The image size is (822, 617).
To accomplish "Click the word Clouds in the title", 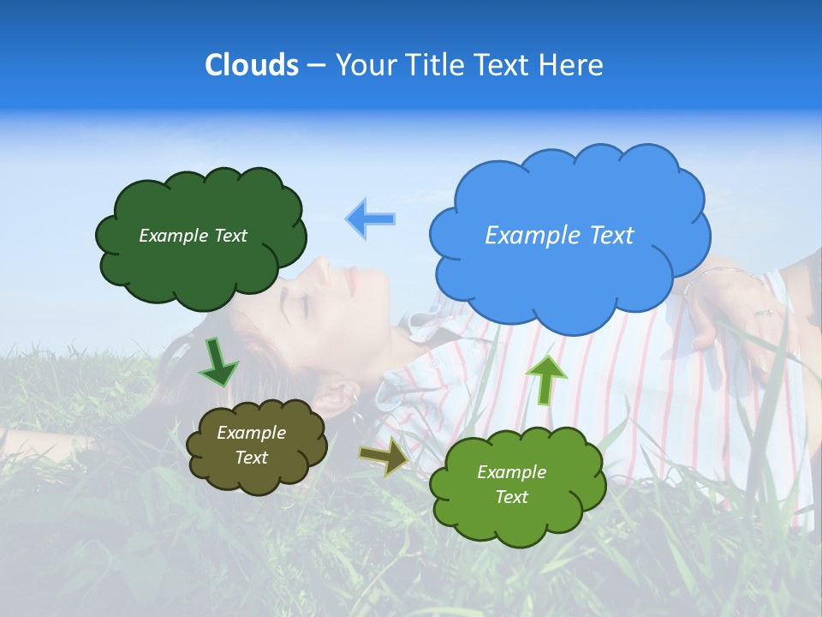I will click(x=251, y=65).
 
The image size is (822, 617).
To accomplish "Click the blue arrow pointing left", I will click(x=371, y=219).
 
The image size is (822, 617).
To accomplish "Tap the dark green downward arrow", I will click(x=218, y=362).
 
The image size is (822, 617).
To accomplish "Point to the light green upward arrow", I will click(x=545, y=378).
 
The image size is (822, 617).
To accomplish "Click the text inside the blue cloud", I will click(x=559, y=235).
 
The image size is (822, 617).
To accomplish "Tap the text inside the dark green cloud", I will click(x=193, y=236).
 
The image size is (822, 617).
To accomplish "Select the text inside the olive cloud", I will click(x=251, y=445).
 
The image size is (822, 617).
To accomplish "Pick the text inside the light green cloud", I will click(x=511, y=484).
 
